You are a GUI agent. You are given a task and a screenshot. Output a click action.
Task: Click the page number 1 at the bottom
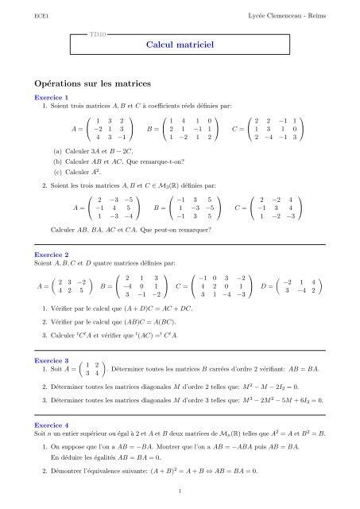180,492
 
